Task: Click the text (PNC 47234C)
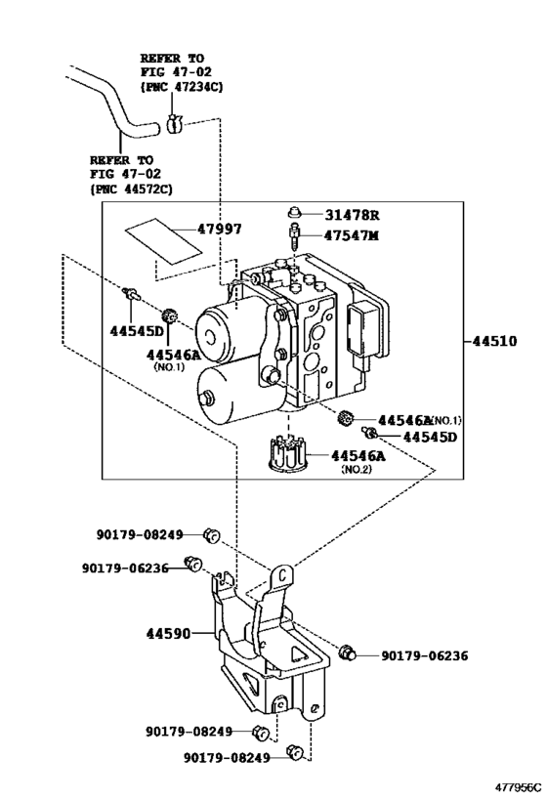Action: point(181,87)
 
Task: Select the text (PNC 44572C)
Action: point(130,188)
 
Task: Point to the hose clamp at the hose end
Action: point(173,124)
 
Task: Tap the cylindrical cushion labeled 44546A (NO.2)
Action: point(291,454)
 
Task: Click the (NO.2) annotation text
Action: point(358,470)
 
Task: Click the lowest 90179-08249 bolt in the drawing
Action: point(294,752)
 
